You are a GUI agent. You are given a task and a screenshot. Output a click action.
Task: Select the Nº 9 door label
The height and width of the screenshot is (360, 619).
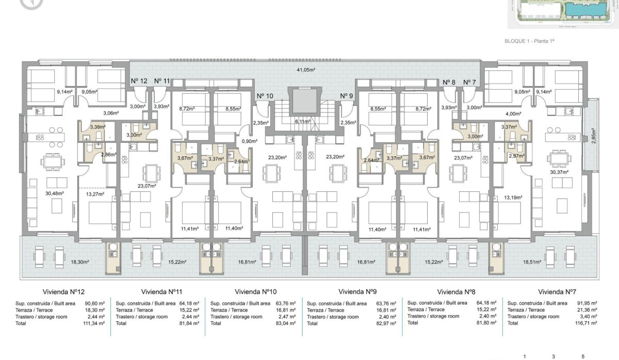pyautogui.click(x=347, y=96)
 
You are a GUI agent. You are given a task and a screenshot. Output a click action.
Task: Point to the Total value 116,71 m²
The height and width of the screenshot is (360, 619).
pyautogui.click(x=587, y=323)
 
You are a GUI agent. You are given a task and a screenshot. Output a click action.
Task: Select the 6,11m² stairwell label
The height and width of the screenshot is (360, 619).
pyautogui.click(x=302, y=122)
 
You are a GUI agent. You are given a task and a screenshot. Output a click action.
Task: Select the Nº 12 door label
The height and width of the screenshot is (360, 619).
pyautogui.click(x=139, y=81)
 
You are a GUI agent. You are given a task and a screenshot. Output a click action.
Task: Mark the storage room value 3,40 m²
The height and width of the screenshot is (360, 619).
pyautogui.click(x=588, y=317)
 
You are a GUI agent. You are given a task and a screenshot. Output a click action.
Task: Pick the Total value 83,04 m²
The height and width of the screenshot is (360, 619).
pyautogui.click(x=286, y=323)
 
